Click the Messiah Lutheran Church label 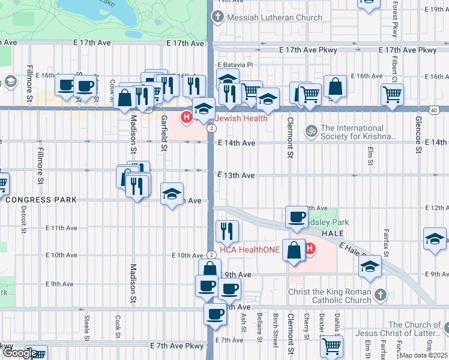pos(274,17)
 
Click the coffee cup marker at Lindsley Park pos(296,217)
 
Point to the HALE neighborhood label pos(331,233)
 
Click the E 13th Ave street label pos(237,175)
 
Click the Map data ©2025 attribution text pos(424,355)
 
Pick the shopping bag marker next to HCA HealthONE pos(294,251)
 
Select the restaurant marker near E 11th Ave pos(227,230)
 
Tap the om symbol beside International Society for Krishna pos(311,130)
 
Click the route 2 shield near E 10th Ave pos(211,255)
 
